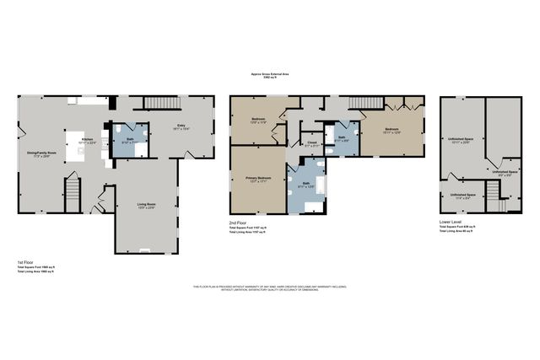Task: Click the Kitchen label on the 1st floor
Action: [88, 139]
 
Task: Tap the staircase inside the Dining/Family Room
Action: [73, 197]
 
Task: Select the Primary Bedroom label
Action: [257, 179]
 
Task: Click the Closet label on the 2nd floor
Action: [311, 143]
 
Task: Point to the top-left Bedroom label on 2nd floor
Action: [259, 119]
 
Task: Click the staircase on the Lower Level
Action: [499, 204]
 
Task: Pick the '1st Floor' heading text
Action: [24, 262]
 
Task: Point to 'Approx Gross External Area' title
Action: [269, 73]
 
